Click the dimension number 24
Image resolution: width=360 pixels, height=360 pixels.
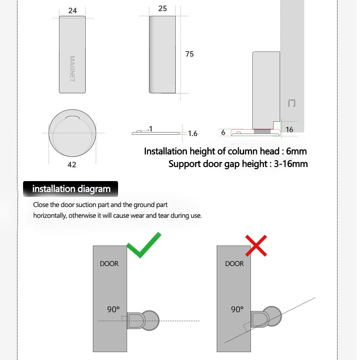(x=72, y=10)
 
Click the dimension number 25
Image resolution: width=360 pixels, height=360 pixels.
(x=162, y=8)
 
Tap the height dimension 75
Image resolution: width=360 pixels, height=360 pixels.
(x=189, y=54)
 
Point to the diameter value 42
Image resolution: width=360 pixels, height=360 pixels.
(x=72, y=165)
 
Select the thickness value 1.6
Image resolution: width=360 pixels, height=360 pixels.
(x=193, y=134)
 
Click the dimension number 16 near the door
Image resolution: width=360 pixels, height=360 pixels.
(x=289, y=129)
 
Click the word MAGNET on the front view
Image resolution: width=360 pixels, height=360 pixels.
(x=72, y=69)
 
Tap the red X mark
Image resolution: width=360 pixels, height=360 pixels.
(x=256, y=246)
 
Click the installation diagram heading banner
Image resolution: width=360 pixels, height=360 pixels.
(x=71, y=189)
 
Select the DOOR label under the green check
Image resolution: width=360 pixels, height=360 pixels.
(x=109, y=264)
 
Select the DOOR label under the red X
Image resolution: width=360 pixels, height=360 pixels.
(x=234, y=264)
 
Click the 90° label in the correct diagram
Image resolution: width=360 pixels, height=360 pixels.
(x=113, y=309)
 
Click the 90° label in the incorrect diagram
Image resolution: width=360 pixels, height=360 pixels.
(x=237, y=309)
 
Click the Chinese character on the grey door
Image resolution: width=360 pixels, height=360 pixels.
(x=292, y=103)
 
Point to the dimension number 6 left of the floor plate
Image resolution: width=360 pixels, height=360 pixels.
(x=223, y=132)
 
